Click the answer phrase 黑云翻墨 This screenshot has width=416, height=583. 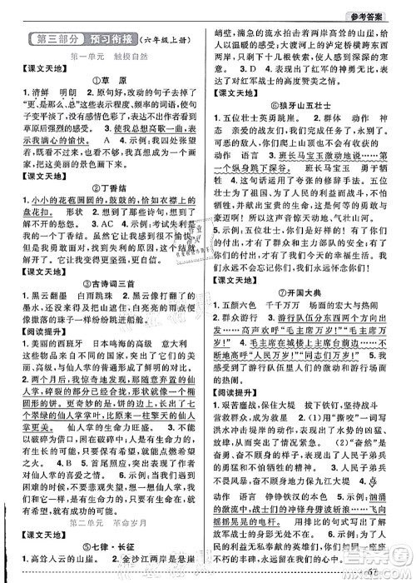coord(52,323)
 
